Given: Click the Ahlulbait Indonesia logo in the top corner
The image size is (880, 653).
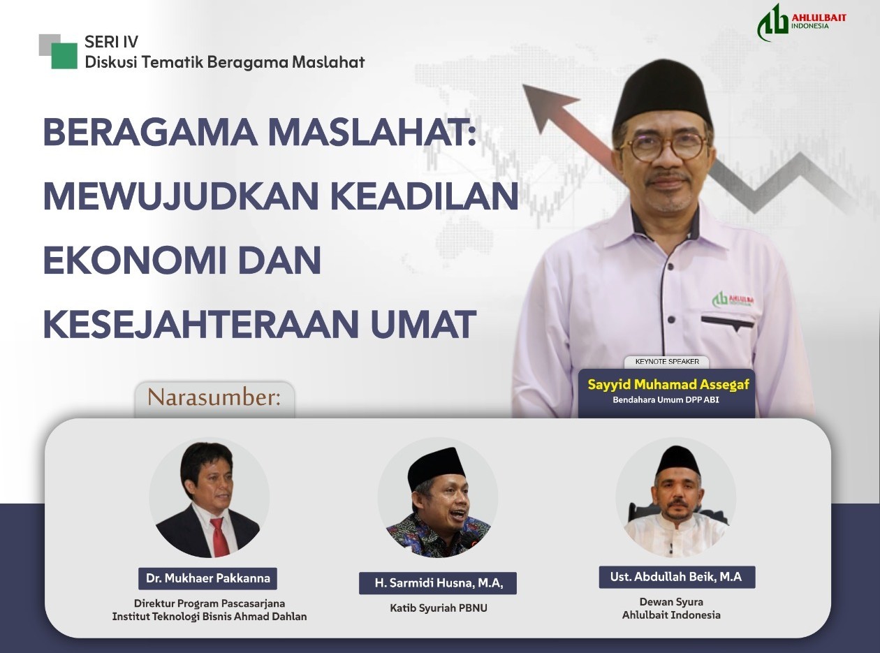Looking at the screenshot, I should click(800, 22).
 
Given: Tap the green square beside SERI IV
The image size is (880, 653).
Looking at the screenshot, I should click(64, 56).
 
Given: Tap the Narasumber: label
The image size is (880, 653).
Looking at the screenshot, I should click(214, 398).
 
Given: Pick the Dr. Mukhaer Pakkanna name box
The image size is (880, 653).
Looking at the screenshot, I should click(208, 579).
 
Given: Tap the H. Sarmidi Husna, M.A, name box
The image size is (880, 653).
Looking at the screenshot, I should click(438, 583).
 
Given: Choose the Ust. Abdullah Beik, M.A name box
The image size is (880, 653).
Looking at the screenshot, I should click(677, 578).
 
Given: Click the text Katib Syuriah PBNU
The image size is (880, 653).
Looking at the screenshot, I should click(439, 608).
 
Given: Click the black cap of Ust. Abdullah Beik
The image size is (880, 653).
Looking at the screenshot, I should click(677, 459).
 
